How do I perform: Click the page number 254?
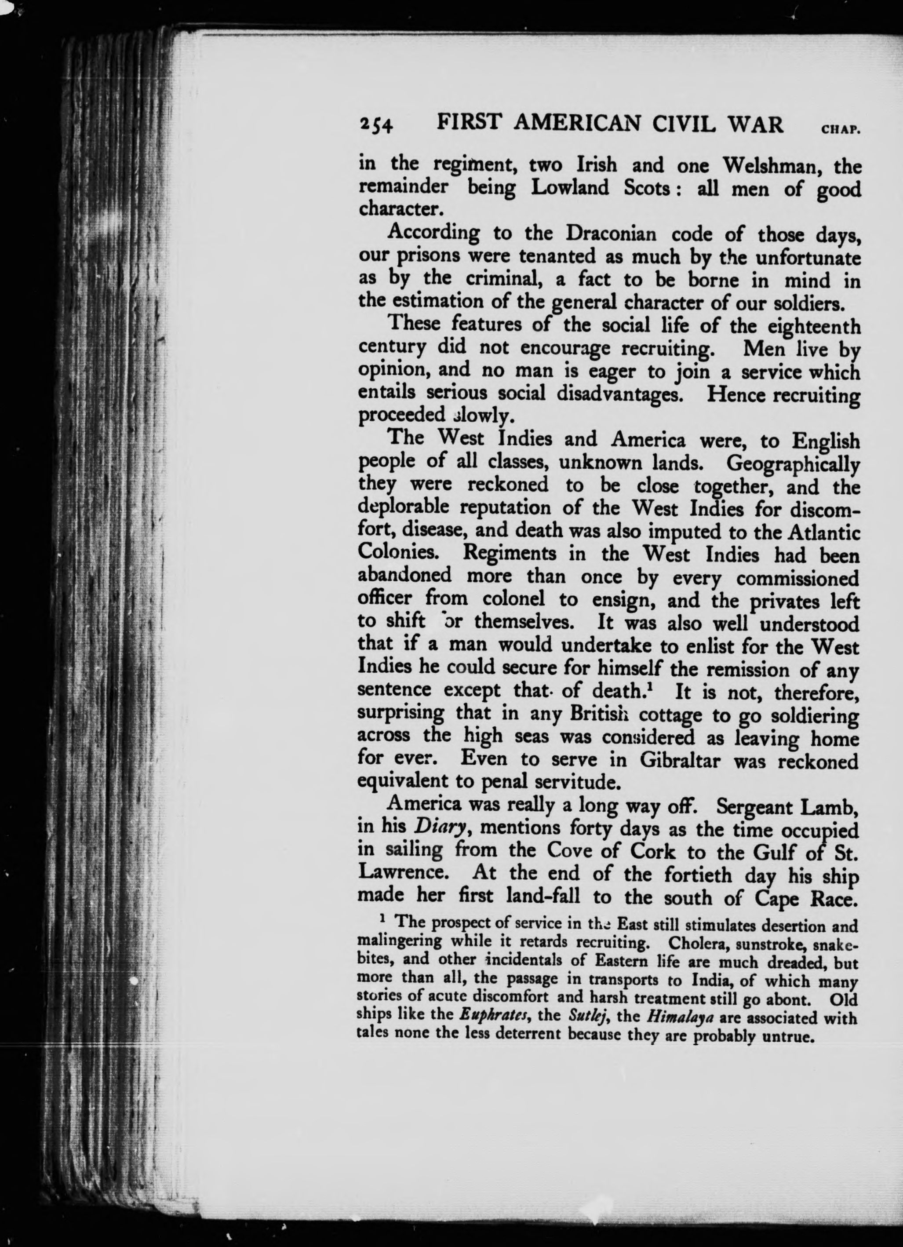coord(376,126)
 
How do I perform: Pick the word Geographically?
coord(793,464)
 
